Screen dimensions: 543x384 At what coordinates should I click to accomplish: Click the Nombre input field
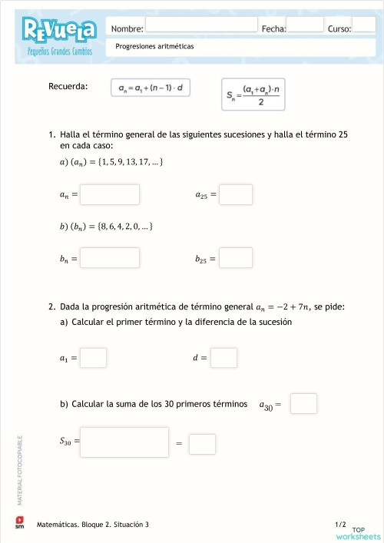pyautogui.click(x=201, y=25)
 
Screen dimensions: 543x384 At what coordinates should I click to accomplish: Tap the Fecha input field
pyautogui.click(x=306, y=25)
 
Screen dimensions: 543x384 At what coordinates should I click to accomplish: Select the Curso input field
pyautogui.click(x=363, y=25)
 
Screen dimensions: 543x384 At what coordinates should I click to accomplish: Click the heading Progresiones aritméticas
pyautogui.click(x=154, y=46)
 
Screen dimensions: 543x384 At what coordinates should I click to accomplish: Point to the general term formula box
pyautogui.click(x=150, y=88)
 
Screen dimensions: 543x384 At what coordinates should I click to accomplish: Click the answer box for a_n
pyautogui.click(x=110, y=194)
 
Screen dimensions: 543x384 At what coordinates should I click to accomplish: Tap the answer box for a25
pyautogui.click(x=237, y=194)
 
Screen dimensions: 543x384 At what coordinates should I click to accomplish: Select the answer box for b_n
pyautogui.click(x=110, y=257)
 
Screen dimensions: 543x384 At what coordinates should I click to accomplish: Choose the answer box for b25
pyautogui.click(x=237, y=257)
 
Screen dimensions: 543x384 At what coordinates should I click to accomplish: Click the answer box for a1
pyautogui.click(x=94, y=358)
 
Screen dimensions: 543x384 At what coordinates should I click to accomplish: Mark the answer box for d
pyautogui.click(x=223, y=358)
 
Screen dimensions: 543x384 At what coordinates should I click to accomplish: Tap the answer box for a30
pyautogui.click(x=303, y=403)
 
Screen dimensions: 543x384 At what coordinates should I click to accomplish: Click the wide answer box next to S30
pyautogui.click(x=124, y=442)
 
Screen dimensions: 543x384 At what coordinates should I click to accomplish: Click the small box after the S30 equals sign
pyautogui.click(x=202, y=444)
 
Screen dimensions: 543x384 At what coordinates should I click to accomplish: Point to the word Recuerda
pyautogui.click(x=68, y=86)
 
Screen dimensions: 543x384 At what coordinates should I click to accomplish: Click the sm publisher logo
pyautogui.click(x=20, y=522)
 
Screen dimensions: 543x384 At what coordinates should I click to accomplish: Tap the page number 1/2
pyautogui.click(x=341, y=524)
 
